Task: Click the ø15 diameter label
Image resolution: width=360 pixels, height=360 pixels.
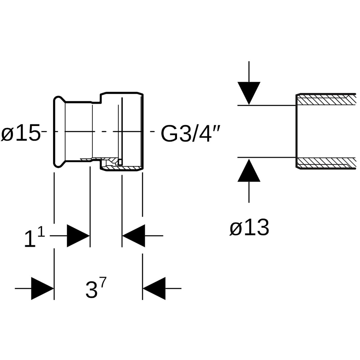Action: click(21, 133)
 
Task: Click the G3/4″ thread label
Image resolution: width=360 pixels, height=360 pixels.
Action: click(191, 133)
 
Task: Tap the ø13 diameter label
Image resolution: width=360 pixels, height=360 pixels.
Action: click(249, 228)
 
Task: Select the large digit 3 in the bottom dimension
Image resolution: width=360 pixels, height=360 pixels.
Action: click(91, 290)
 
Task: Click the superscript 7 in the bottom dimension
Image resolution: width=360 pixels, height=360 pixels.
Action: click(103, 282)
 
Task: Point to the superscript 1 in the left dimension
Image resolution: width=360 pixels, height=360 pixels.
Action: click(41, 231)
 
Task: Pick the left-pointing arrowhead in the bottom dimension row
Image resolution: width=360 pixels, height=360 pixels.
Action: click(154, 288)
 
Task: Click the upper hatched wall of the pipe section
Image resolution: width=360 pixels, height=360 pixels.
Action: click(326, 100)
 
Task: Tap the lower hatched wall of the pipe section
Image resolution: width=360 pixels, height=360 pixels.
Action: click(326, 163)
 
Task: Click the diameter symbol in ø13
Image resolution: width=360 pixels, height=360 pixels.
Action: click(235, 229)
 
